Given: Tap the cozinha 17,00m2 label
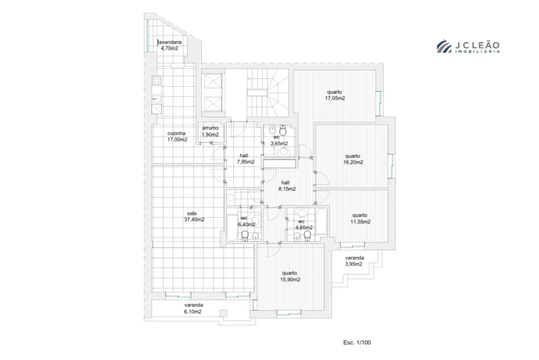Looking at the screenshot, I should (x=177, y=137).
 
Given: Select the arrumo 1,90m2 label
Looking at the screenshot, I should (x=210, y=132).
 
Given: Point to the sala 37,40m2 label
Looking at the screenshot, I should (x=193, y=216).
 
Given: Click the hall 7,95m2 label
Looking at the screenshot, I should (x=245, y=159).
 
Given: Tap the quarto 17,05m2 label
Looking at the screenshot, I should (x=335, y=95).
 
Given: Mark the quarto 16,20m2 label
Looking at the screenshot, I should (x=353, y=159).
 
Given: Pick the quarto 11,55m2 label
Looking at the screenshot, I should (x=360, y=218).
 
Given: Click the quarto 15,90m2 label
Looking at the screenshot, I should (x=289, y=276).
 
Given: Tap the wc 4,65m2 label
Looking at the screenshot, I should (x=301, y=225).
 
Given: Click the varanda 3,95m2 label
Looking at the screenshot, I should (x=354, y=260).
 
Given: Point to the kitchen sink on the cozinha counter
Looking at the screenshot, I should (x=156, y=100).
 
